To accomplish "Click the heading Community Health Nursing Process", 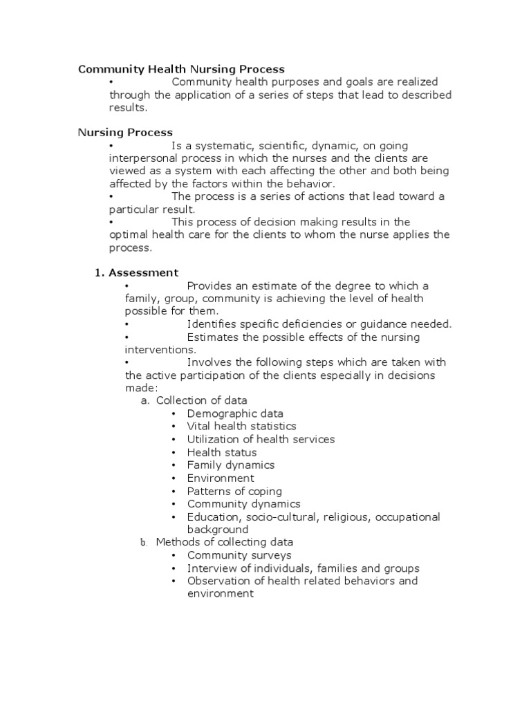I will pyautogui.click(x=181, y=69).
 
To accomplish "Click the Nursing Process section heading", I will pyautogui.click(x=125, y=132).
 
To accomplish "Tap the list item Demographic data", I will pyautogui.click(x=235, y=413).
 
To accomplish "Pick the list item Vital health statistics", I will pyautogui.click(x=241, y=426).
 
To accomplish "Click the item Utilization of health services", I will pyautogui.click(x=261, y=439).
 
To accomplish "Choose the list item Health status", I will pyautogui.click(x=221, y=452).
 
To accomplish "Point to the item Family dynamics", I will pyautogui.click(x=230, y=465).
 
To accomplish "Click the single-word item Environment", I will pyautogui.click(x=221, y=478).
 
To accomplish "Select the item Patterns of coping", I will pyautogui.click(x=234, y=491).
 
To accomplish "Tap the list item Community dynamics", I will pyautogui.click(x=243, y=504).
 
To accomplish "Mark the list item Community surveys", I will pyautogui.click(x=239, y=555).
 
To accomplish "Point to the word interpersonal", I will pyautogui.click(x=141, y=158).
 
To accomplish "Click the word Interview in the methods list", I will pyautogui.click(x=209, y=568).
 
